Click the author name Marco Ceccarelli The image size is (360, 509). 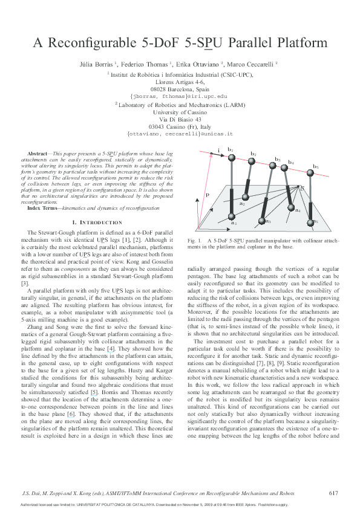pyautogui.click(x=252, y=63)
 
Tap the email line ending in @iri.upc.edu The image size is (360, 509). pyautogui.click(x=180, y=96)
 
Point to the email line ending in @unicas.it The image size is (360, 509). pyautogui.click(x=180, y=134)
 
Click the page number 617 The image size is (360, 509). pyautogui.click(x=333, y=493)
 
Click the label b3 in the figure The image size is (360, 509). pyautogui.click(x=278, y=159)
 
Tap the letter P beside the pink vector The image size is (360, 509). pyautogui.click(x=207, y=196)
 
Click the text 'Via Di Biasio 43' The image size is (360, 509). pyautogui.click(x=180, y=119)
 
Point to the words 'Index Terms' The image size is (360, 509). pyautogui.click(x=42, y=208)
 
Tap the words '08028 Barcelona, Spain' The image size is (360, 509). pyautogui.click(x=180, y=88)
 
